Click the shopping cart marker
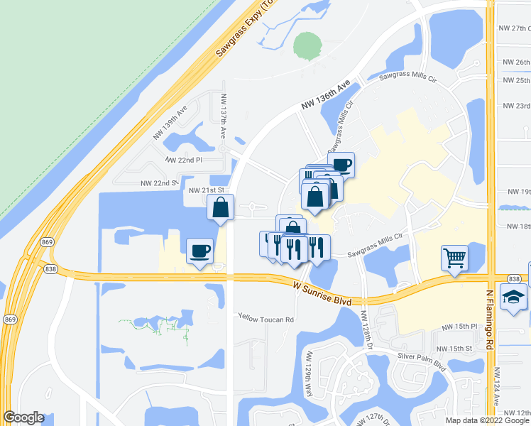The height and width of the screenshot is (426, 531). [454, 258]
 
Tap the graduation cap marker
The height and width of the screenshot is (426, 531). [513, 296]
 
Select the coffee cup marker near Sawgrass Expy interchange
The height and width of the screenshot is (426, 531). [199, 251]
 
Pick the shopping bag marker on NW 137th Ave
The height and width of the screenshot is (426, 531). [221, 208]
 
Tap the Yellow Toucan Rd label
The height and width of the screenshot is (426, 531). [265, 319]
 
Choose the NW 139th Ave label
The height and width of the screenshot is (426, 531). [170, 122]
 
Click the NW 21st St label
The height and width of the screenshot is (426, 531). [207, 190]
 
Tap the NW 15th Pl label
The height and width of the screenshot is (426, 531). [457, 326]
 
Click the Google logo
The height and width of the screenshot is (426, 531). [23, 417]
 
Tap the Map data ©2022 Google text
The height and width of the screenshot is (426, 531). [487, 420]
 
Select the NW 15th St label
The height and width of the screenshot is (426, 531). [454, 349]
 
